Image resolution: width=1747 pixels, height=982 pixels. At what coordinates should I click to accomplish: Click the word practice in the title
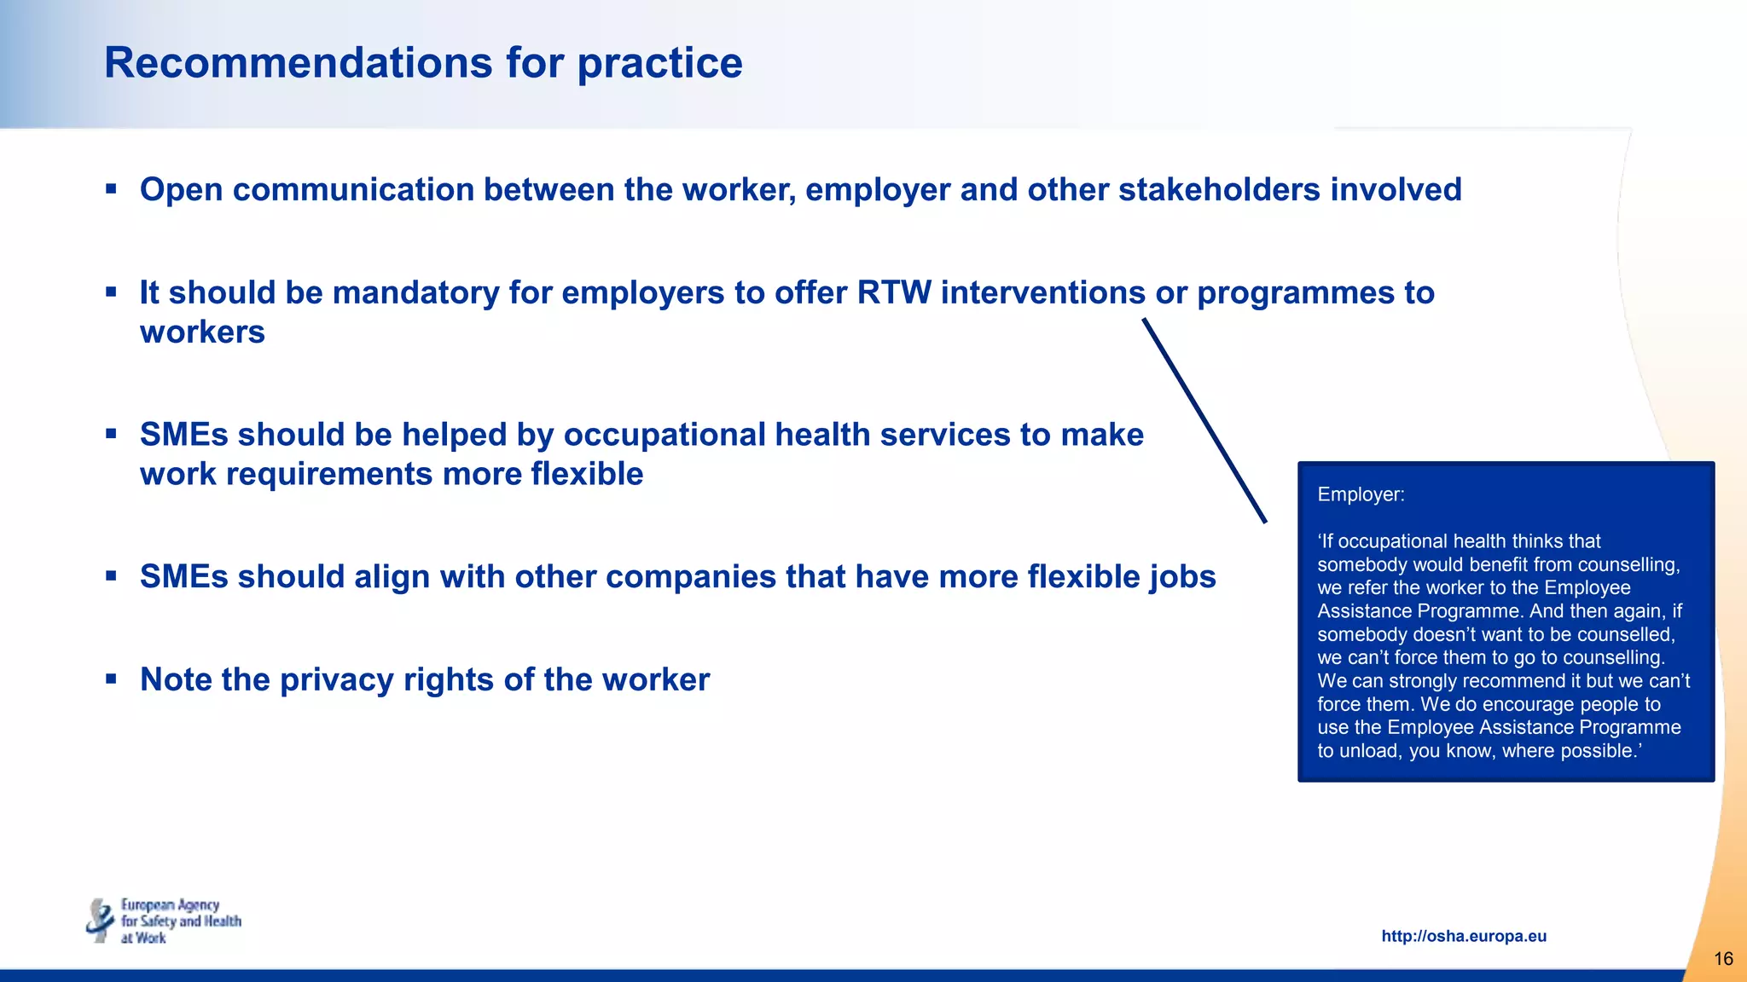[x=659, y=63]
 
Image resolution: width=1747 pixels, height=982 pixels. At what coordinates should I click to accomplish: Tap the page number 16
[x=1723, y=959]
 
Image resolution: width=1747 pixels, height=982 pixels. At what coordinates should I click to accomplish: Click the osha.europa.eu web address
[x=1464, y=936]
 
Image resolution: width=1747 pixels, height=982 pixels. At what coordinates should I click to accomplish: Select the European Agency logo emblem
[x=100, y=921]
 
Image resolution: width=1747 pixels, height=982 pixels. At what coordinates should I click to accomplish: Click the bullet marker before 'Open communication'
[x=111, y=188]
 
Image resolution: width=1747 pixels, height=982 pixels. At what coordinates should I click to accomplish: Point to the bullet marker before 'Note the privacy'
[x=111, y=679]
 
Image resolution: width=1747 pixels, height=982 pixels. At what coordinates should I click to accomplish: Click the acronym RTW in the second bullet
[x=894, y=292]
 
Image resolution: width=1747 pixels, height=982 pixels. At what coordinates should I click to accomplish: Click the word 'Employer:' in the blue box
[x=1361, y=494]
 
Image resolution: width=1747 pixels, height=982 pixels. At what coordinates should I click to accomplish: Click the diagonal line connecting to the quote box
[x=1204, y=420]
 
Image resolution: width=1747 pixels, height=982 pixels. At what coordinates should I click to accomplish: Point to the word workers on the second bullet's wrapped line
[x=202, y=332]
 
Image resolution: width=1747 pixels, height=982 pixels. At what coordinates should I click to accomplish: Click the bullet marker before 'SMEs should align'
[x=111, y=576]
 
